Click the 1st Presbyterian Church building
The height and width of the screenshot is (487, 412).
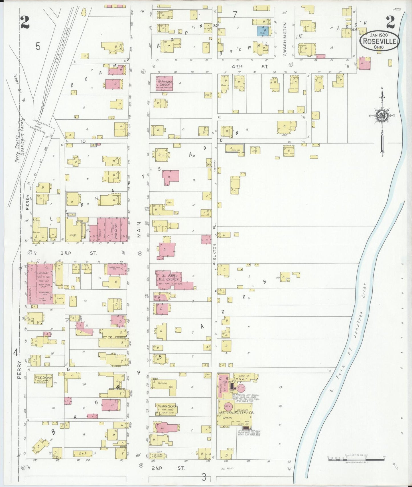(164, 83)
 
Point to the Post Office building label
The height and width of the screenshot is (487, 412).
(116, 231)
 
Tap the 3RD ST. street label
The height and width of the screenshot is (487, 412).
(78, 253)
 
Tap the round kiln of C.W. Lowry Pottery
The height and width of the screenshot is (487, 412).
(241, 388)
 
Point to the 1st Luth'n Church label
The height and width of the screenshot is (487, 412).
(167, 406)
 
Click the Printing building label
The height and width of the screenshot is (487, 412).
(162, 383)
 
